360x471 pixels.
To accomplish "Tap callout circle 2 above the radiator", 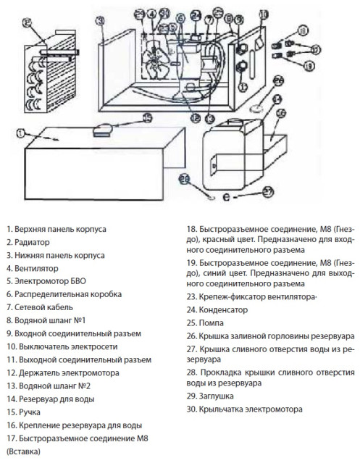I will [x=28, y=22].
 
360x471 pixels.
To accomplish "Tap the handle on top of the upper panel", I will [x=102, y=129].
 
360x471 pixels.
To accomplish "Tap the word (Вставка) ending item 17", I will [x=23, y=451].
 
